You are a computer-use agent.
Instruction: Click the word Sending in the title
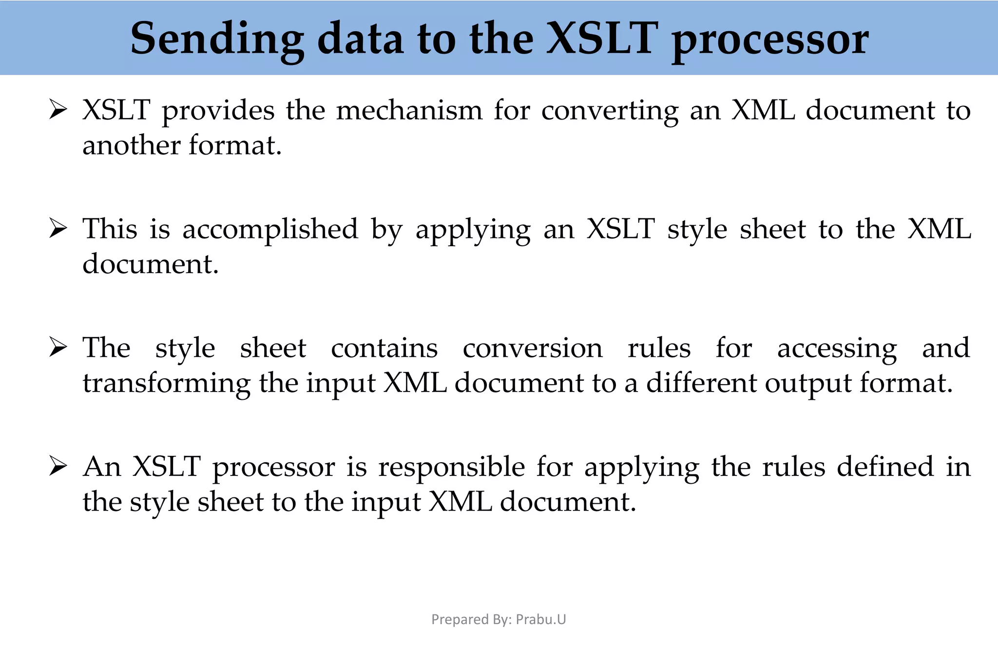217,39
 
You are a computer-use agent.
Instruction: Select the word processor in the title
770,41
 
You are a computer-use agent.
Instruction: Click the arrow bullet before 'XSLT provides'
58,110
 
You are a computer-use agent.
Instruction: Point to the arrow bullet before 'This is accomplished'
58,229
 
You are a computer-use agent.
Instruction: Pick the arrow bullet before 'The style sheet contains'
58,348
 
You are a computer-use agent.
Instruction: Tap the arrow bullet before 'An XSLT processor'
58,467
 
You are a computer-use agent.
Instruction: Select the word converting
610,111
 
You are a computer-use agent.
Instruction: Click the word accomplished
270,230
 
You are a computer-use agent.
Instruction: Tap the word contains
384,348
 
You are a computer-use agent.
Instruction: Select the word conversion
532,348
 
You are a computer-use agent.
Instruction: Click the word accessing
837,349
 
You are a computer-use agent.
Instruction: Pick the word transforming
166,384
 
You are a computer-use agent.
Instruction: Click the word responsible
452,468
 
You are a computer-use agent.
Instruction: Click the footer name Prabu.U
541,619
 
